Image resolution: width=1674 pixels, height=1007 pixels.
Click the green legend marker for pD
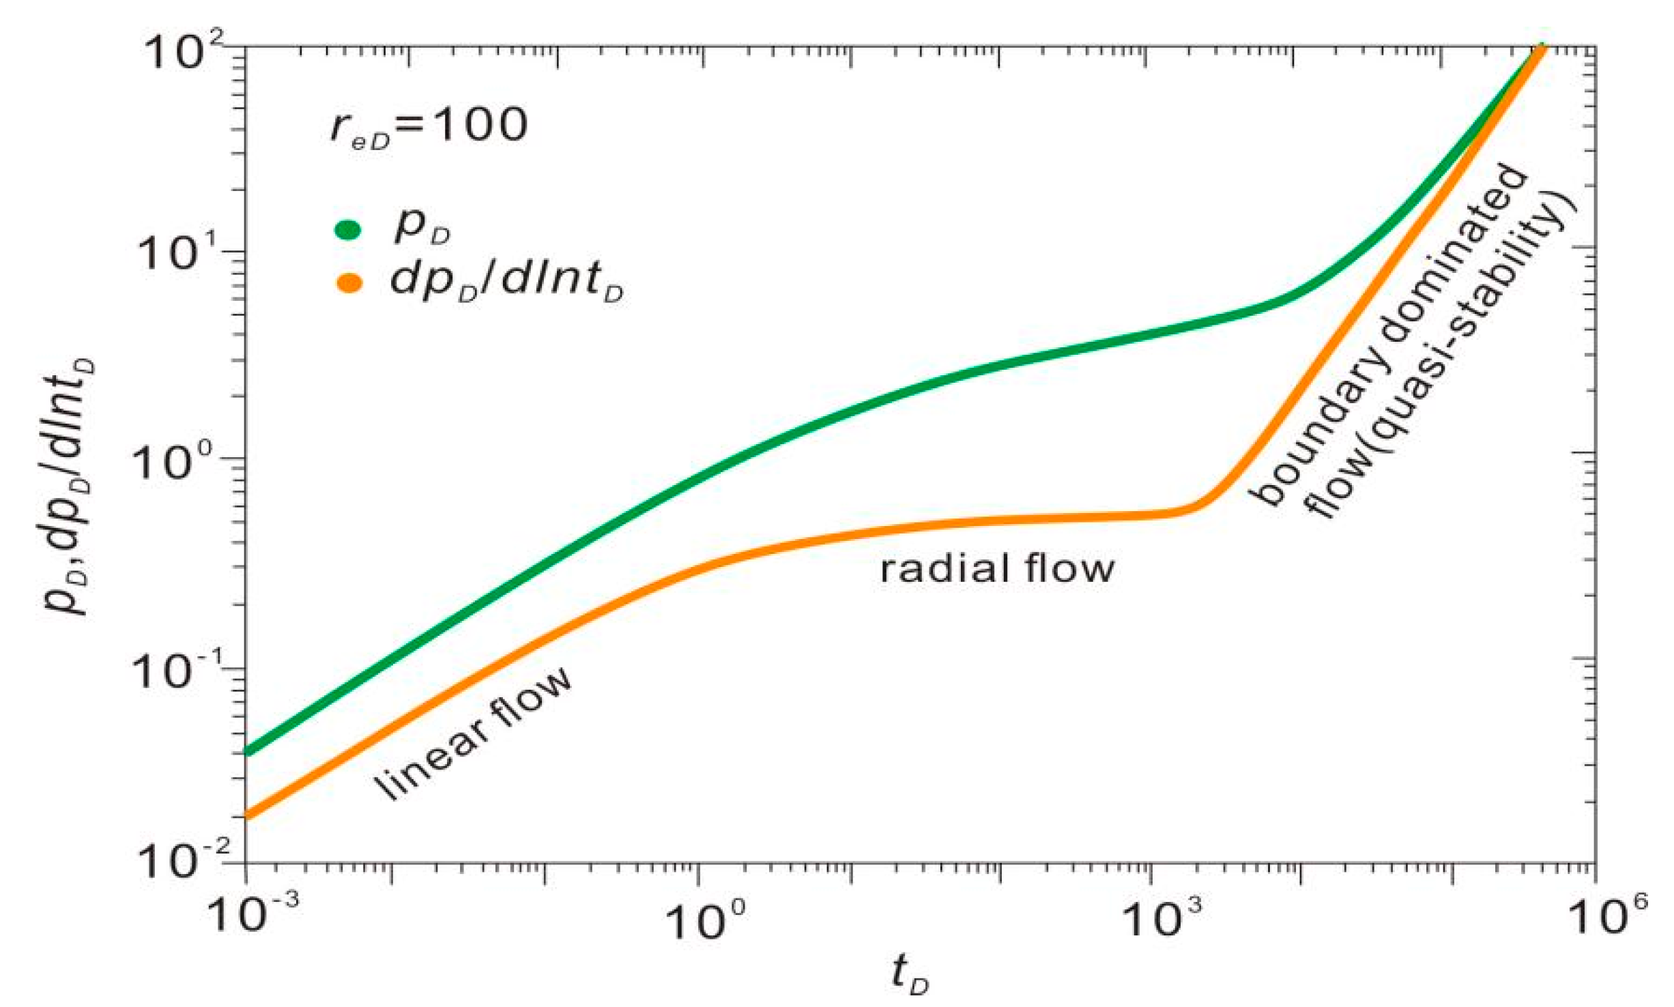[x=347, y=230]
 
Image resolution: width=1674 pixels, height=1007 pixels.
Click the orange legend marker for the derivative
[x=349, y=283]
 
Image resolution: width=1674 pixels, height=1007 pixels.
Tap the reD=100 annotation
[x=429, y=127]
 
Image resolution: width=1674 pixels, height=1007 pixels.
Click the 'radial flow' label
[x=997, y=569]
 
